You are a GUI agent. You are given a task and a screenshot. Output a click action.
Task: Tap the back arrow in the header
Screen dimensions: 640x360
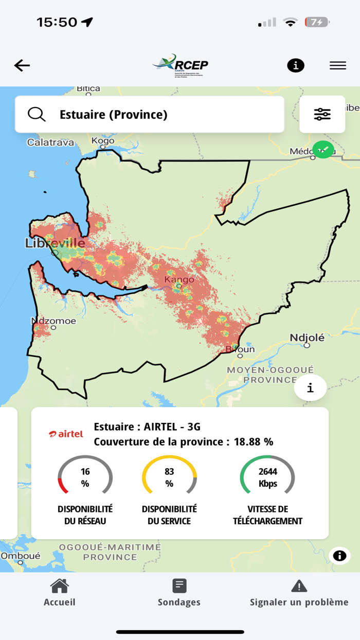[22, 65]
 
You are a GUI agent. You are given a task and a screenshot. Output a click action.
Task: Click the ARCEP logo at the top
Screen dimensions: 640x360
[181, 65]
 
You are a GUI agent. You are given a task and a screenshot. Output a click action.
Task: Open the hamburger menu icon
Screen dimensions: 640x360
[337, 65]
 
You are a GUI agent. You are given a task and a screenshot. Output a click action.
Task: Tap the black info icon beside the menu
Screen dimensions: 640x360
[295, 65]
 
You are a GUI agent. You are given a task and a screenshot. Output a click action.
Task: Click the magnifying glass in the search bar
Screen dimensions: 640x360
[37, 114]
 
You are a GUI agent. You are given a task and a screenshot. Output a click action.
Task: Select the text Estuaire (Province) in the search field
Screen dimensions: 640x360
[113, 114]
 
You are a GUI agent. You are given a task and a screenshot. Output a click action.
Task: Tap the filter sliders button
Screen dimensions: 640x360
[322, 114]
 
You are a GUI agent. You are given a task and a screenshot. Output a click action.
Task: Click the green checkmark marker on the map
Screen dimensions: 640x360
[323, 150]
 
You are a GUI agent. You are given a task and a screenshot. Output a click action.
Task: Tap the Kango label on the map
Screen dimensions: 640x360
[179, 279]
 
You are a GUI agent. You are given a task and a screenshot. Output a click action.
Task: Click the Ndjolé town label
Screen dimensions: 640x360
[307, 337]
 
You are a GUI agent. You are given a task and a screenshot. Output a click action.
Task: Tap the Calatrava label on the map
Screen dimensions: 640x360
[50, 143]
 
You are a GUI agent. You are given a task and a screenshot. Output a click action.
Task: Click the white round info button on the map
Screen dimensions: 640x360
[310, 388]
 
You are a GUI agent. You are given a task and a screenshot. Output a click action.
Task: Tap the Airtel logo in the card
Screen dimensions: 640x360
[66, 434]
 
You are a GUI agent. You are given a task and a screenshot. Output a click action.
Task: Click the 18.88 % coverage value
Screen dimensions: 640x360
[253, 441]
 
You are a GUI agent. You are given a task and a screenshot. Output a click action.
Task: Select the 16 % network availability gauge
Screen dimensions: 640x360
[85, 477]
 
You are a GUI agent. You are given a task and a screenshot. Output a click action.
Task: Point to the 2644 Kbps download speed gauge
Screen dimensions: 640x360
[267, 477]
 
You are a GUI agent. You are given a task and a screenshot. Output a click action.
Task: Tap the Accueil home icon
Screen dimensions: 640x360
[60, 586]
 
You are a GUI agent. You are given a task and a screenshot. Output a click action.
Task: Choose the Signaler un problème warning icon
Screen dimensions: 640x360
[299, 586]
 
